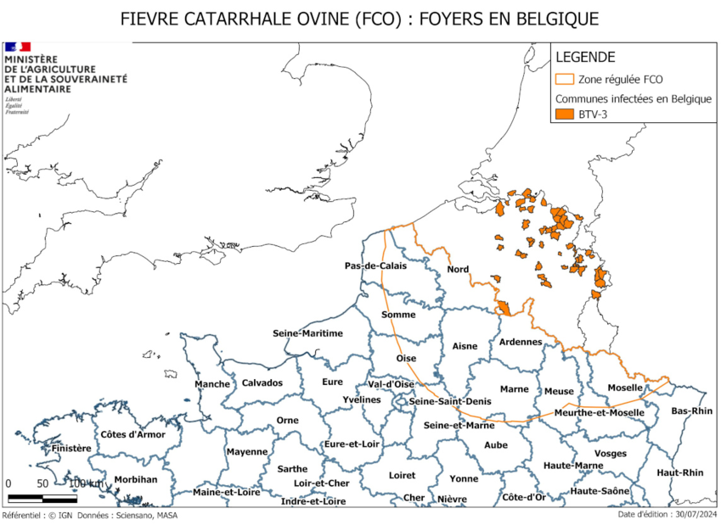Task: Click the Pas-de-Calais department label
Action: [x=375, y=265]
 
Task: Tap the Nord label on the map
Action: [x=458, y=270]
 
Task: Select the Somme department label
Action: [x=398, y=315]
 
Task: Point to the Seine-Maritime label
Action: [x=307, y=333]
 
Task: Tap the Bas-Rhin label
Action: [x=691, y=411]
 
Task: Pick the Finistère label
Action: [x=70, y=448]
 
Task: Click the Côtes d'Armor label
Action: [x=132, y=434]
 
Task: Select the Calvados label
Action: [x=262, y=383]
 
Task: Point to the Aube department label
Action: [x=495, y=444]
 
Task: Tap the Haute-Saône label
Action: [x=600, y=491]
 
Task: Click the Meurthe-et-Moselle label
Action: [x=599, y=412]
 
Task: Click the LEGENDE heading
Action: [x=585, y=57]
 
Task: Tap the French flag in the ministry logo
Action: [x=18, y=47]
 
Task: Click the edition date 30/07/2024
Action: [x=693, y=514]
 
